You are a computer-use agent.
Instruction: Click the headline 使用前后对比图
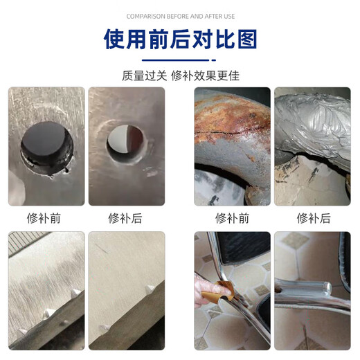pos(179,40)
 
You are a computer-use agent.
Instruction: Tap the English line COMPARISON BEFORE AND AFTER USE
pos(179,16)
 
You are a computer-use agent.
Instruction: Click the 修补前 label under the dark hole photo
pos(46,218)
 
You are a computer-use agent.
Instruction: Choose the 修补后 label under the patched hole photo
pos(125,218)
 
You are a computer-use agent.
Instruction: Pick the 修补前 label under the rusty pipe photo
pos(231,218)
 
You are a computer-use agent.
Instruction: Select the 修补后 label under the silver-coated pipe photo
pos(313,218)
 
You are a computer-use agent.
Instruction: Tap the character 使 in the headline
pos(116,40)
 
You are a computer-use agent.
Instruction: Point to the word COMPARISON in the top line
pos(145,16)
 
